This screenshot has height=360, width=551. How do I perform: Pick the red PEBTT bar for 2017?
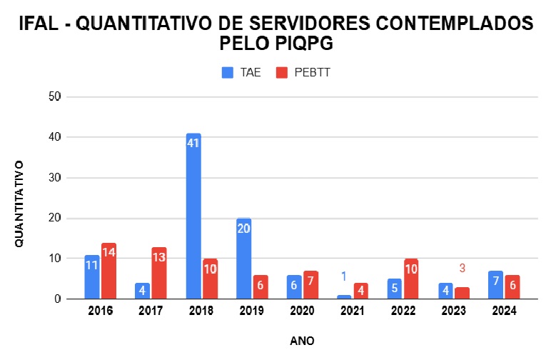[x=159, y=274]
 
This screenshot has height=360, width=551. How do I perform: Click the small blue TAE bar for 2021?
[x=344, y=297]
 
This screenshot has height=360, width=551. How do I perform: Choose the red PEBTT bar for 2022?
[x=411, y=279]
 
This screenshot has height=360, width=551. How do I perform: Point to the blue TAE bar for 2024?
[x=496, y=285]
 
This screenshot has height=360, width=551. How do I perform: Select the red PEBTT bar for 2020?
[x=311, y=285]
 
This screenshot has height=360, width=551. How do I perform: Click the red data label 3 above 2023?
[x=462, y=269]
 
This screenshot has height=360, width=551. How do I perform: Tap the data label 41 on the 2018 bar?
[x=193, y=143]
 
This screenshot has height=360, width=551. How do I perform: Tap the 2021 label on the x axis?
[x=352, y=311]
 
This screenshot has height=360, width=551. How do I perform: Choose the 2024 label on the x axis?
[x=504, y=311]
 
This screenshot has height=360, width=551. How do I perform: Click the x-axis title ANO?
[x=302, y=341]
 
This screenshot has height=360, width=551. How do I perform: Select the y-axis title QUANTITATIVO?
[x=19, y=204]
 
